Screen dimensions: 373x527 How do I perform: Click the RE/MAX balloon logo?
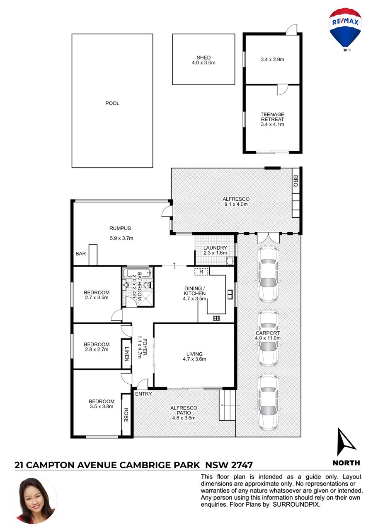(x=345, y=29)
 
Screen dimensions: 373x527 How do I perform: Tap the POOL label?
(x=112, y=103)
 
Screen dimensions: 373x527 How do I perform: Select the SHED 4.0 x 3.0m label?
(x=203, y=60)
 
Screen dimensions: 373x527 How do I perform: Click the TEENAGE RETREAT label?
(x=272, y=117)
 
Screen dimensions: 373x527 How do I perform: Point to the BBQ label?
(x=295, y=181)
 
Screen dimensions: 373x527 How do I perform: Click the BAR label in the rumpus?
(x=80, y=254)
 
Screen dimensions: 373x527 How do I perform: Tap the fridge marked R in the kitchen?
(x=201, y=272)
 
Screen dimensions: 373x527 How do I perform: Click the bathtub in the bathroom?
(x=138, y=272)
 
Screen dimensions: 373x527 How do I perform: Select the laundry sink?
(x=230, y=261)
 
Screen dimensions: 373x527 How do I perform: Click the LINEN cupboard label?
(x=126, y=354)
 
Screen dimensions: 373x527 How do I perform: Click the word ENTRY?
(x=143, y=394)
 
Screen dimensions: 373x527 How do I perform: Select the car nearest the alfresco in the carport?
(x=268, y=274)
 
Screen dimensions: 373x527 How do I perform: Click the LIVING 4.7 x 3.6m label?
(x=194, y=356)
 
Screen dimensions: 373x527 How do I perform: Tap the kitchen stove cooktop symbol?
(x=216, y=318)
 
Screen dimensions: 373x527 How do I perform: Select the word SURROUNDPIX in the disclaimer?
(x=295, y=504)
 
